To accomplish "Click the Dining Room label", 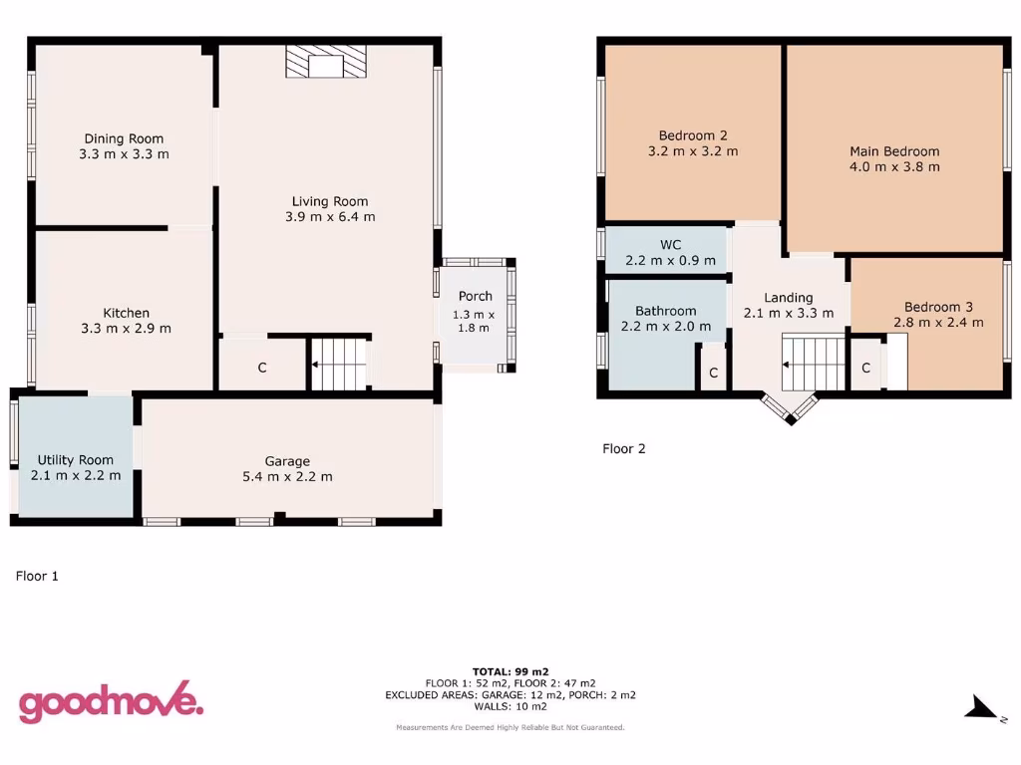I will [x=124, y=138].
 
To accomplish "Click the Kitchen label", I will [x=127, y=313].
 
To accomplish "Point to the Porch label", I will [x=475, y=296].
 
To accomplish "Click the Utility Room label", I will [x=76, y=460].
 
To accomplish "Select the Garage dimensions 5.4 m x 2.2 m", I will [x=287, y=476].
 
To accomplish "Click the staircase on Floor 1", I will [x=339, y=365].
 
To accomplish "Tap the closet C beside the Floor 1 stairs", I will [x=262, y=368].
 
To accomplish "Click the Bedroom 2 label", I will [x=693, y=135].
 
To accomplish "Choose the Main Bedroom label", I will [x=894, y=151].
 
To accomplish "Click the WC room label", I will [x=670, y=244].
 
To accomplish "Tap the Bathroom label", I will [x=666, y=311].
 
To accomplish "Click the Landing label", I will [x=788, y=297].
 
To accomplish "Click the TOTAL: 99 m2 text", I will [x=510, y=671].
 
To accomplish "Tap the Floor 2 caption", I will [x=624, y=448].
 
